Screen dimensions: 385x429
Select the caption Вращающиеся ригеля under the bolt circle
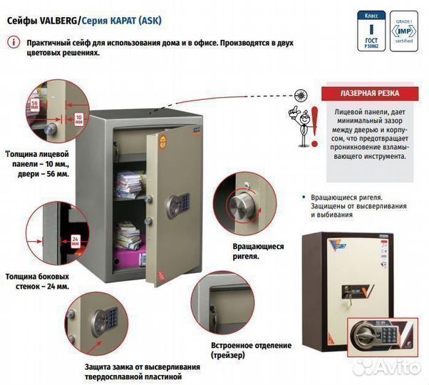(x=257, y=250)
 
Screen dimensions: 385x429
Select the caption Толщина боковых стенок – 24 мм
(x=37, y=281)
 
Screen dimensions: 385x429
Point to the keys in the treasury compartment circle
(x=212, y=308)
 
